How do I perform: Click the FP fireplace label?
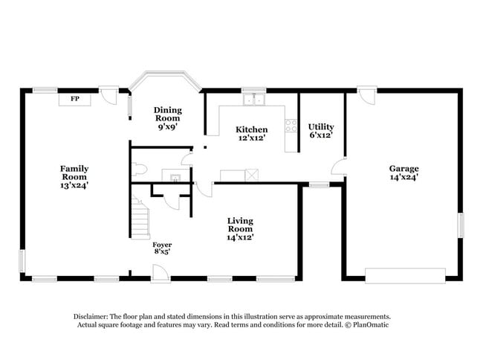point(75,98)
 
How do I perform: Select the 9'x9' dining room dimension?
point(167,127)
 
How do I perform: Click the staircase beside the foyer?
point(140,218)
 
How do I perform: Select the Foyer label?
point(162,244)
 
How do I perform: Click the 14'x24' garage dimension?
point(403,177)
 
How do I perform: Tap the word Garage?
point(403,168)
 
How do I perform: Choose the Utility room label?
point(321,126)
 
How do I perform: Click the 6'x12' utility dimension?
point(321,135)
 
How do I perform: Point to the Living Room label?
point(240,225)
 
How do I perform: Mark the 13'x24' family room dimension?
point(74,185)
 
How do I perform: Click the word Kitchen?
point(251,129)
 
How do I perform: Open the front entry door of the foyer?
point(160,276)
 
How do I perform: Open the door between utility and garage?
point(339,167)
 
